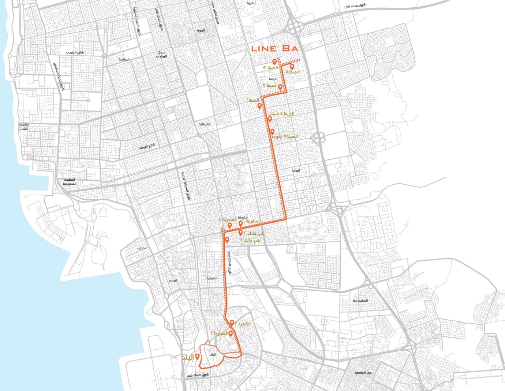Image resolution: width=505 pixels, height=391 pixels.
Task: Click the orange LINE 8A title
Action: [x=275, y=49]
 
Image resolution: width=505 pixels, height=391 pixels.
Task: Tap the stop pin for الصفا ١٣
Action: [x=274, y=62]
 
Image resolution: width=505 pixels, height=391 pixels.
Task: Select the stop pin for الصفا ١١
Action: [x=292, y=67]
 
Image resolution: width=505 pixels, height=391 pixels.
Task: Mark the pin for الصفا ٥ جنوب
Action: [x=272, y=132]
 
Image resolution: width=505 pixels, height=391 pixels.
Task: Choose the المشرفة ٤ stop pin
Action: [x=229, y=226]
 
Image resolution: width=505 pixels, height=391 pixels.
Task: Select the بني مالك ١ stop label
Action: [x=252, y=240]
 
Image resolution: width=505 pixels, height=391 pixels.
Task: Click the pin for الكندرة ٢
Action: [x=232, y=323]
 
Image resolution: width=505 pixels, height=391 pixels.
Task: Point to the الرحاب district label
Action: [x=296, y=171]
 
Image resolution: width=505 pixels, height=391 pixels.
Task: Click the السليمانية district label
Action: [x=360, y=300]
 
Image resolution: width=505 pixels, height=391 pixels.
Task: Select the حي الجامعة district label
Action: [x=363, y=373]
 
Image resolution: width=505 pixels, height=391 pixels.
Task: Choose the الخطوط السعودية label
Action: [x=70, y=181]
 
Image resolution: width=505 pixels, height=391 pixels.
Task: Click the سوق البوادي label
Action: [x=161, y=55]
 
